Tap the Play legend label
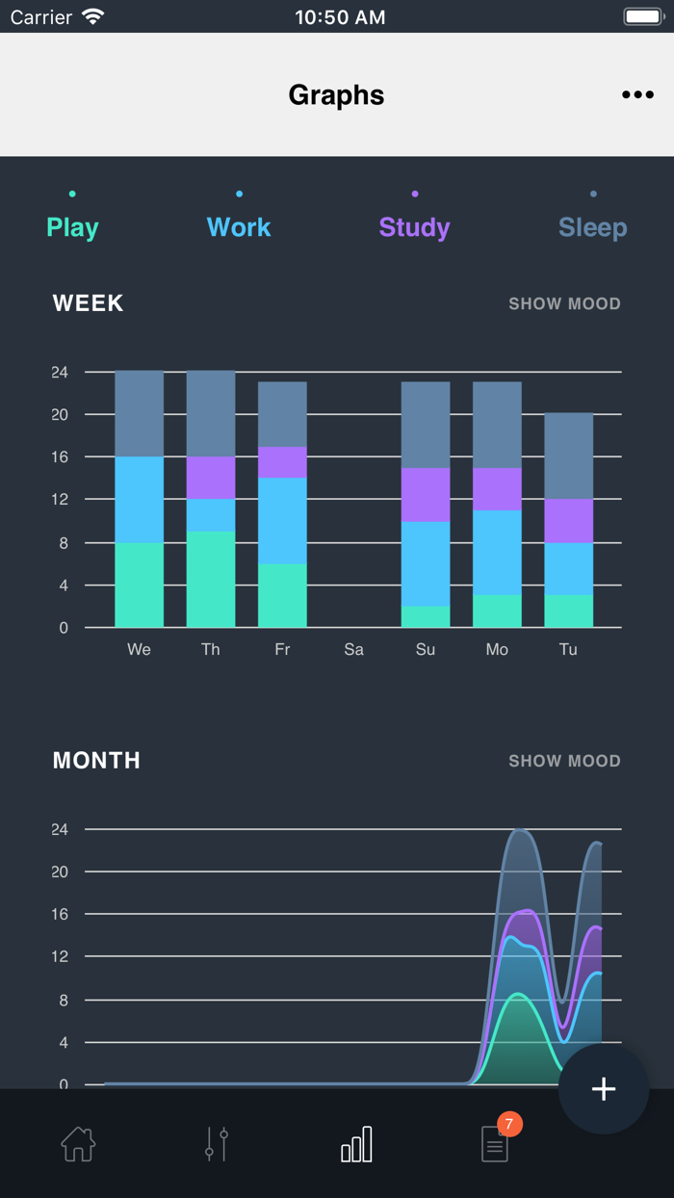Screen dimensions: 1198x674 point(72,227)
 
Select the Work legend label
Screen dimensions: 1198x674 point(239,227)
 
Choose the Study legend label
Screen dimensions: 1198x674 point(414,227)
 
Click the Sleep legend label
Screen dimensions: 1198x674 point(592,227)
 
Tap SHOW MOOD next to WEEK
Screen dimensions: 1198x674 point(564,303)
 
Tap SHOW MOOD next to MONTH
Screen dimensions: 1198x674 point(564,761)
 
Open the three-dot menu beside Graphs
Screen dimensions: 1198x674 point(637,94)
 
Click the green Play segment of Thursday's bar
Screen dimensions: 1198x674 point(211,579)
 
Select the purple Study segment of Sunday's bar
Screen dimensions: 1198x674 point(426,494)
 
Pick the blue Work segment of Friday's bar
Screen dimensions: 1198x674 point(282,520)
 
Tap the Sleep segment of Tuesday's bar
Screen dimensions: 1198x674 point(568,456)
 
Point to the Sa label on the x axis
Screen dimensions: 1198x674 point(353,649)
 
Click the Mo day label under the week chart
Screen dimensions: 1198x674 point(497,649)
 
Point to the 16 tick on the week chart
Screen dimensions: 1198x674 point(61,456)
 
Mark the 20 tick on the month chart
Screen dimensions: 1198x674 point(61,872)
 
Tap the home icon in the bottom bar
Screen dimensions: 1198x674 point(78,1144)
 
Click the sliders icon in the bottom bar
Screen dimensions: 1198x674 point(217,1144)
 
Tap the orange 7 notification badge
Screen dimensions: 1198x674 point(509,1124)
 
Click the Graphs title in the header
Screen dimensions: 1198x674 point(336,94)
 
